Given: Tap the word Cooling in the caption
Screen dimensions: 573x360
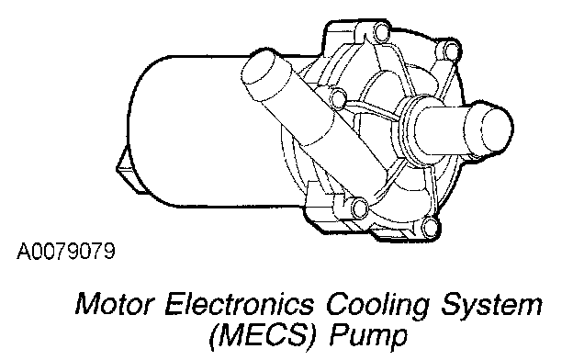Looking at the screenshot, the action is [x=377, y=306].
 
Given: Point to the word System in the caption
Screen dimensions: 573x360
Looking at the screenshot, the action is [x=491, y=306].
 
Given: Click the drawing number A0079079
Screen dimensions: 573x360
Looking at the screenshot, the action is [x=66, y=251].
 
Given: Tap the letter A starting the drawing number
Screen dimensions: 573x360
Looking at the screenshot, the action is [x=23, y=251].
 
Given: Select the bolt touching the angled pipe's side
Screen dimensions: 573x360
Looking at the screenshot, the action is [x=338, y=98].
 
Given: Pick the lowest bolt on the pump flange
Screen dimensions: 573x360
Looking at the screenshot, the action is [x=431, y=227].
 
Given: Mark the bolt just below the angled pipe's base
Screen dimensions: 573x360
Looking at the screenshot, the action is [x=359, y=208].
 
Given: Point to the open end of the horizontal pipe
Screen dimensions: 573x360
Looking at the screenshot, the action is [x=498, y=129].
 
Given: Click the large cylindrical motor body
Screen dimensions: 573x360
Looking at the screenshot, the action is [x=205, y=131].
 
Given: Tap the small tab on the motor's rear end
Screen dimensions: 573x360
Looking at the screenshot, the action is [x=127, y=170].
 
